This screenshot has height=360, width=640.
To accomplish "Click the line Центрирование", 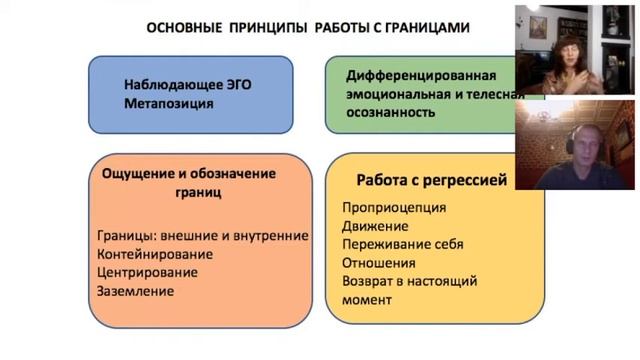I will coord(147,272).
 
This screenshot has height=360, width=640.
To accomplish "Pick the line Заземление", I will coord(136,291).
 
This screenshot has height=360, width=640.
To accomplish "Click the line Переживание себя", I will coord(402,244).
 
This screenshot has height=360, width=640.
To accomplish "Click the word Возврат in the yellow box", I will coord(369,281).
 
